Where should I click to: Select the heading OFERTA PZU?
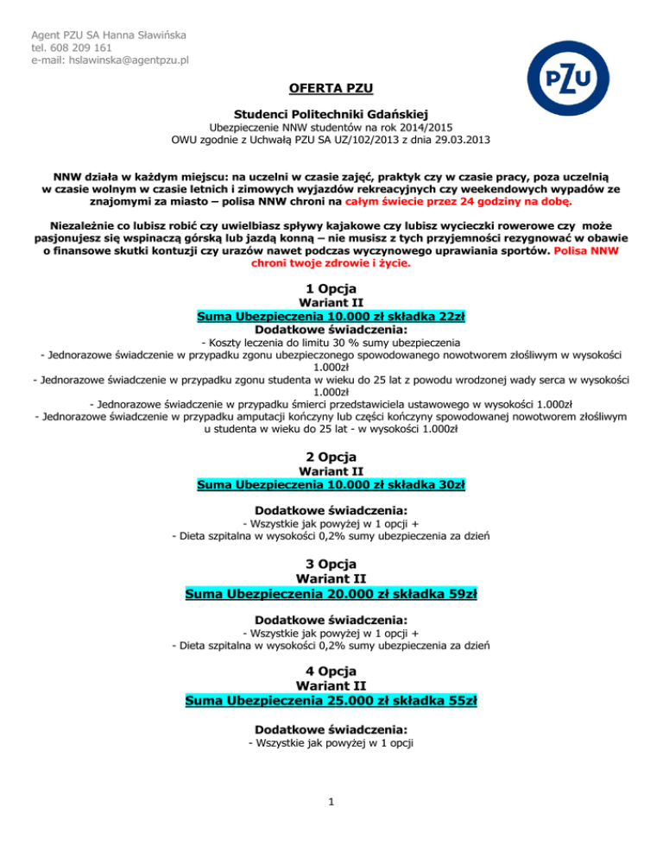[331, 88]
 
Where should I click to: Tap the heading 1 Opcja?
[331, 287]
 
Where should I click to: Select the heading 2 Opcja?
[331, 456]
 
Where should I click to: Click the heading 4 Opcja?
[331, 671]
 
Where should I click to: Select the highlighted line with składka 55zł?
[331, 700]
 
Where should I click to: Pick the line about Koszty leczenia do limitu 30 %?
[331, 343]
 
